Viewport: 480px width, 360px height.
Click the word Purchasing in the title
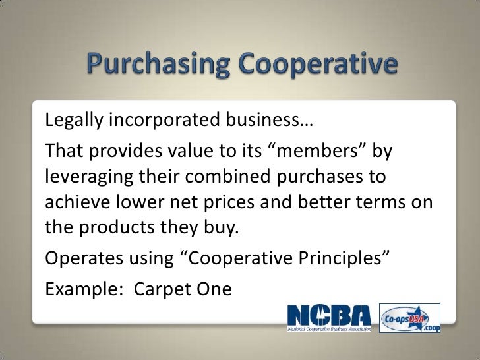pyautogui.click(x=158, y=65)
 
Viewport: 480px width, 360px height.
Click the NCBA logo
pyautogui.click(x=330, y=314)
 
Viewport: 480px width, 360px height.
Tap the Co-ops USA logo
pyautogui.click(x=409, y=318)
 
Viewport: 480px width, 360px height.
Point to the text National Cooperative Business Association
pyautogui.click(x=330, y=328)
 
